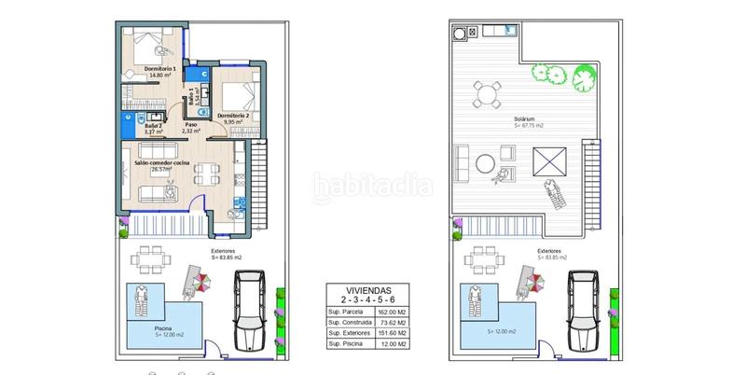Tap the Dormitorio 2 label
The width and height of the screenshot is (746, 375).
[232, 115]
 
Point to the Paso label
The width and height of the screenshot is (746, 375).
[191, 125]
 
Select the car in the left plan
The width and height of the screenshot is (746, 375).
[253, 311]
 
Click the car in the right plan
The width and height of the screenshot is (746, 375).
[587, 311]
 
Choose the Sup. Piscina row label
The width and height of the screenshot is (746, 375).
[346, 346]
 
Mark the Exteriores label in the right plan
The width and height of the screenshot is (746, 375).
[549, 252]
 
